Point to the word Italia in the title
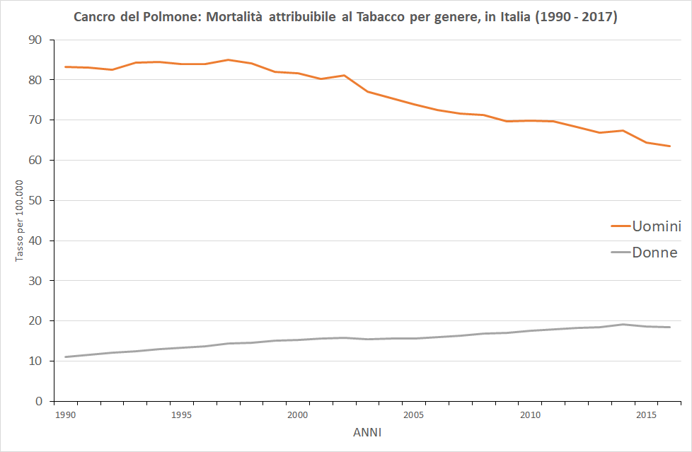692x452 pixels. [x=515, y=17]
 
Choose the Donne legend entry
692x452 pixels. [x=645, y=253]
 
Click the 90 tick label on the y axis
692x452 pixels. [x=35, y=40]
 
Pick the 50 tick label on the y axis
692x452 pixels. [x=35, y=200]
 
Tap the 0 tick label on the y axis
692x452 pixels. [x=39, y=401]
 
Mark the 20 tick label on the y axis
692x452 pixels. [x=35, y=321]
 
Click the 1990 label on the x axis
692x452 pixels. [x=65, y=415]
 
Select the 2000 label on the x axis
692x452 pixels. [x=297, y=415]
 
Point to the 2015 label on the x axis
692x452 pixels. [x=646, y=415]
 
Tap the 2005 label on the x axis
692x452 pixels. [x=413, y=415]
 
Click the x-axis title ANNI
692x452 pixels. [x=367, y=433]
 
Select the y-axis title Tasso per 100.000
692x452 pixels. [x=19, y=221]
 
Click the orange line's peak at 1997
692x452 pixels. [x=228, y=59]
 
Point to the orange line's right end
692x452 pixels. [x=669, y=146]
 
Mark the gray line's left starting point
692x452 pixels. [x=65, y=357]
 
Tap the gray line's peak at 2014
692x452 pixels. [x=623, y=325]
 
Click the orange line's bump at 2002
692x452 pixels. [x=345, y=76]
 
